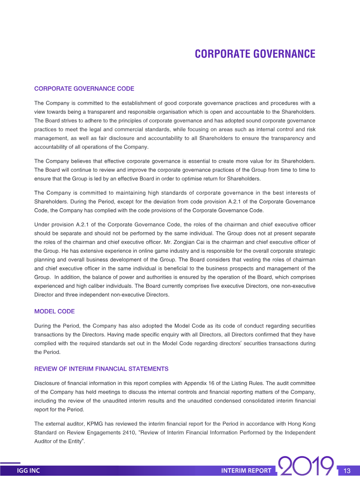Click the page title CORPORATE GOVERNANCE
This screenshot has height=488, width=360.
point(255,54)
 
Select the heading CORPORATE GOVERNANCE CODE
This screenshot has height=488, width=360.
point(84,89)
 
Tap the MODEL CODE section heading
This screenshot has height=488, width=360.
point(54,311)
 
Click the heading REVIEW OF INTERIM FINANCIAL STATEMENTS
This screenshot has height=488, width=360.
point(101,369)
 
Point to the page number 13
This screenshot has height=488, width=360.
point(346,471)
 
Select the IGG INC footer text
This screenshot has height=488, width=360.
point(28,471)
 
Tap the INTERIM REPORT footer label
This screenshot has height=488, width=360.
point(246,471)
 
